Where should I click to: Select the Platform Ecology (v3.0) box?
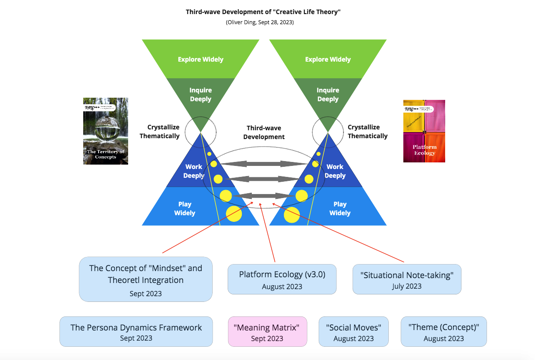[x=282, y=279]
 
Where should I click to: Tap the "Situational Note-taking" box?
[x=406, y=279]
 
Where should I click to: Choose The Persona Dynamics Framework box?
[x=136, y=332]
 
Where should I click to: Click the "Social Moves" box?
[x=354, y=332]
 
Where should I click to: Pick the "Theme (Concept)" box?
[x=443, y=332]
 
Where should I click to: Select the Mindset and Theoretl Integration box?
[x=146, y=279]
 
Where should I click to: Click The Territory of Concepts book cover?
[x=106, y=131]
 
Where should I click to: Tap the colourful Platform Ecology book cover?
[x=424, y=131]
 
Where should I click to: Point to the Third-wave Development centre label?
[x=264, y=132]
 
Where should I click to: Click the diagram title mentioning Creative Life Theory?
[x=263, y=12]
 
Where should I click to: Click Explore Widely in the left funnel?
[x=200, y=59]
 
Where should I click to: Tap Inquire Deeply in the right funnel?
[x=328, y=95]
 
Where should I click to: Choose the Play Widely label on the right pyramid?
[x=340, y=209]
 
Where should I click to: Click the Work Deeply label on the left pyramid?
[x=194, y=171]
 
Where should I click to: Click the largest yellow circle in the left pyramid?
[x=234, y=214]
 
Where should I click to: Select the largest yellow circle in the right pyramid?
[x=291, y=215]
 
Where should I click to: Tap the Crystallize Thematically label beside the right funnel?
[x=367, y=132]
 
